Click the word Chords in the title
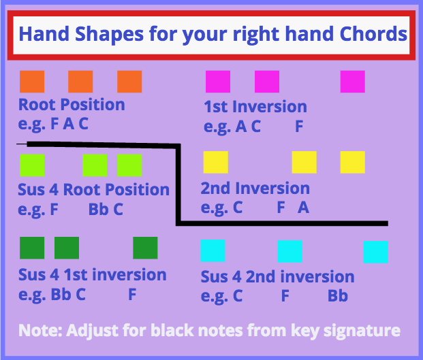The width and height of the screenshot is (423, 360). (373, 34)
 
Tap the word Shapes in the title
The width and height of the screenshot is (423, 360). (109, 35)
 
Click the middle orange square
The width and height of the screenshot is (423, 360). (80, 82)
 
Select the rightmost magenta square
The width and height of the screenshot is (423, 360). (353, 82)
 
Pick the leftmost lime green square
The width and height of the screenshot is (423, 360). (32, 165)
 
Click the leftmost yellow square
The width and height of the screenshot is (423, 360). (215, 162)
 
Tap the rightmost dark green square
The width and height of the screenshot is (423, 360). (145, 248)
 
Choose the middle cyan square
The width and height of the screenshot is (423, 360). (290, 251)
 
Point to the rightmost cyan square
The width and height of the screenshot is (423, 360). (376, 252)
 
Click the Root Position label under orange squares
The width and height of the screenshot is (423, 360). (72, 105)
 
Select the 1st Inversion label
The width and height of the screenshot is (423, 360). (255, 107)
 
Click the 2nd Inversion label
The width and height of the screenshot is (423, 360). (255, 188)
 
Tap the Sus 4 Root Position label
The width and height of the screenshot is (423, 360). (93, 189)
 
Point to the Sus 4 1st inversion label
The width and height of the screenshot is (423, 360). (92, 275)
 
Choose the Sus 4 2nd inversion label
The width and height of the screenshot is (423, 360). (278, 277)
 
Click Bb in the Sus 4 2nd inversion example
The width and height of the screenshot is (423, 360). (338, 296)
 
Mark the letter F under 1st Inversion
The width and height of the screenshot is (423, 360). (299, 126)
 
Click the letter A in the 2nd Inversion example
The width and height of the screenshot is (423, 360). (304, 208)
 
